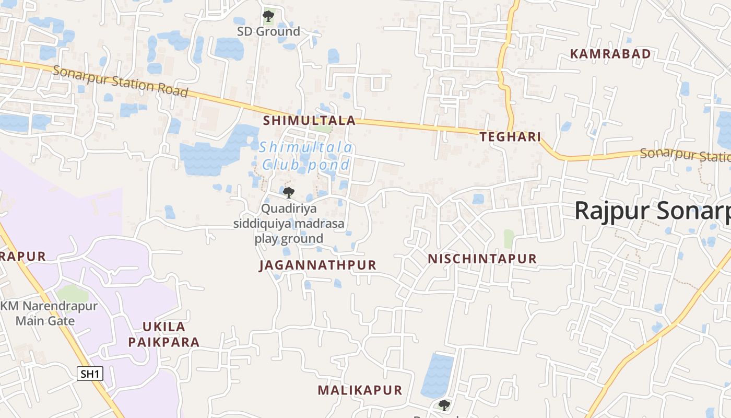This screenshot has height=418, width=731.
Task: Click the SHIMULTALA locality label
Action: [x=309, y=121]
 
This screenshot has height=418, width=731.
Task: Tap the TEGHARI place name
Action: [x=510, y=137]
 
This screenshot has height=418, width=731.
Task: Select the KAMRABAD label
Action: [x=610, y=54]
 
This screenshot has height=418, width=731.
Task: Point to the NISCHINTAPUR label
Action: [x=482, y=259]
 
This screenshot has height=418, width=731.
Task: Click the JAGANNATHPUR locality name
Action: [x=317, y=265]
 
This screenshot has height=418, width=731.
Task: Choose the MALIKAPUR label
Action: [x=360, y=390]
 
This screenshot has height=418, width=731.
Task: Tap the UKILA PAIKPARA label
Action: [x=164, y=334]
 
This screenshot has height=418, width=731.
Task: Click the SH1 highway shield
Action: [x=90, y=374]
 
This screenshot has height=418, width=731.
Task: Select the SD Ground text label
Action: [x=268, y=31]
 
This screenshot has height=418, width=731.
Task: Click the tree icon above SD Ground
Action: [x=268, y=16]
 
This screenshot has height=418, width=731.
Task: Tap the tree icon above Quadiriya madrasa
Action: [x=289, y=193]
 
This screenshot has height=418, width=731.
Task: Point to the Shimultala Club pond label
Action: [x=306, y=156]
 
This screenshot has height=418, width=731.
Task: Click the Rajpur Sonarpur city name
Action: [x=653, y=211]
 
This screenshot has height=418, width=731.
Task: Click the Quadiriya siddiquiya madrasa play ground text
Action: [x=289, y=224]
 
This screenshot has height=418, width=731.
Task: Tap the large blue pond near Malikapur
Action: [x=437, y=375]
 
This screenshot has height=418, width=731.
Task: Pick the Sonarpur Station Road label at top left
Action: [x=120, y=82]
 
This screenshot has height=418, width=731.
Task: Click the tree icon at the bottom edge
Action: [x=444, y=405]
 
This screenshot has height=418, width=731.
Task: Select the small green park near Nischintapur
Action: [x=509, y=238]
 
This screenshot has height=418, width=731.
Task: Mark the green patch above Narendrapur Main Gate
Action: [x=73, y=294]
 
